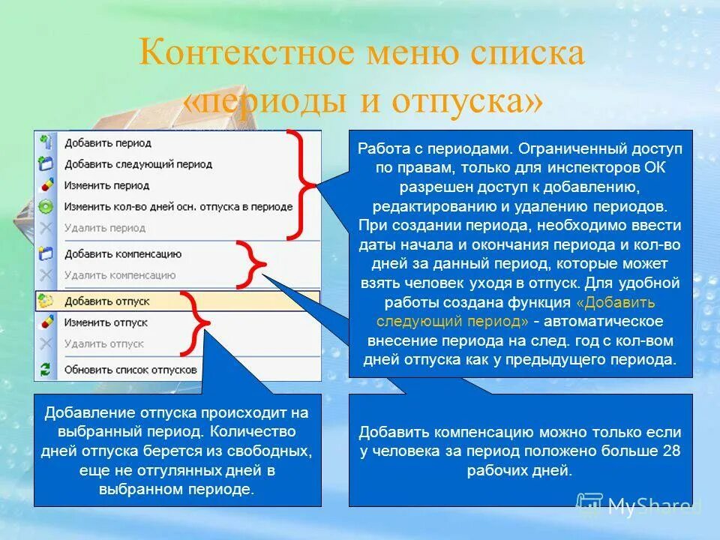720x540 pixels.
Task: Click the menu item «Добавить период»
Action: tap(108, 142)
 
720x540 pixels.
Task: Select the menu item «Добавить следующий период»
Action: tap(138, 163)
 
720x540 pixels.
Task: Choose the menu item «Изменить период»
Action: tap(106, 185)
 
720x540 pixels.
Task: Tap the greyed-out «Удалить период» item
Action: tap(105, 227)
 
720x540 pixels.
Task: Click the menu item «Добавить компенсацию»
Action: tap(123, 254)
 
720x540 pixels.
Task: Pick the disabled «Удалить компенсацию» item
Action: tap(120, 275)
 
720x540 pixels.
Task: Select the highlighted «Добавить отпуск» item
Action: tap(107, 301)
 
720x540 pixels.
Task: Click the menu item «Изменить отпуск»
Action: tap(106, 322)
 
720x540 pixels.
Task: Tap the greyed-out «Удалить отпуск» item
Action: tap(103, 343)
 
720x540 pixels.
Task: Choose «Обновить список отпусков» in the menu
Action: tap(130, 369)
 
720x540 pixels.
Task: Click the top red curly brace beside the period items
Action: tap(300, 184)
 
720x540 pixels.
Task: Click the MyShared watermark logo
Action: tap(637, 506)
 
